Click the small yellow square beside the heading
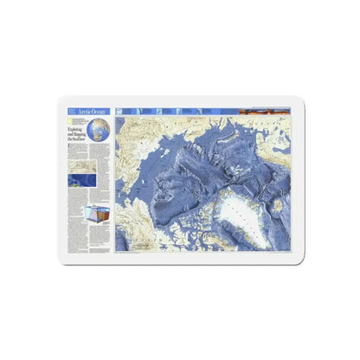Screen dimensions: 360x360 (68, 125)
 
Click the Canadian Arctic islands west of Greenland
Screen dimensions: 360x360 (186, 216)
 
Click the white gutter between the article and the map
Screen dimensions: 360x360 (114, 182)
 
